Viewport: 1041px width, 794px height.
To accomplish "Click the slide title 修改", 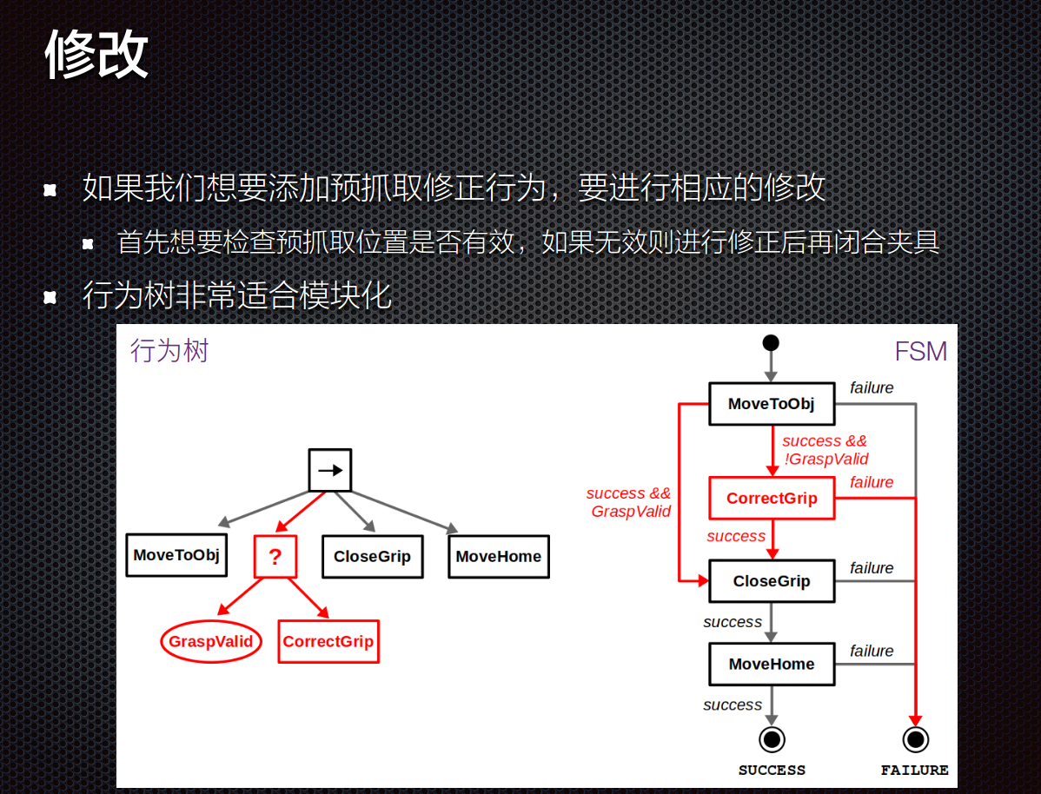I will click(96, 55).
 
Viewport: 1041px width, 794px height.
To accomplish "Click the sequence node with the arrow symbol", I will click(330, 470).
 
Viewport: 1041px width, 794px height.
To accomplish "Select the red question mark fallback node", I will click(275, 557).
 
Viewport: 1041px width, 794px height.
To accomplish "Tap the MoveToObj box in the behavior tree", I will click(176, 555).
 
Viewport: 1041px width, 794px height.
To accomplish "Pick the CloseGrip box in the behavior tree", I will click(372, 557).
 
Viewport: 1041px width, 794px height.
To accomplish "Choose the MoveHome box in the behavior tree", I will click(499, 557).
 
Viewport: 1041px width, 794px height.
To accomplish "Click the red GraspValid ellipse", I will click(211, 642).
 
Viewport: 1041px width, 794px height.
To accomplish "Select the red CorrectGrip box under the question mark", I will click(328, 642).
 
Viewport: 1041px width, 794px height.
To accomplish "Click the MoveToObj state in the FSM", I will click(772, 404).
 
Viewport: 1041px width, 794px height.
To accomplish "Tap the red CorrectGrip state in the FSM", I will click(772, 499).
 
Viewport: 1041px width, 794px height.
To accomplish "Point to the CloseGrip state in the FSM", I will click(772, 581).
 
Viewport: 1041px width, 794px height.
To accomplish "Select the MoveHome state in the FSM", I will click(772, 664).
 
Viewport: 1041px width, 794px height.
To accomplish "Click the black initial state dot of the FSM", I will click(771, 342).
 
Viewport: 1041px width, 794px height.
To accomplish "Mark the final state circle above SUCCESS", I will click(772, 739).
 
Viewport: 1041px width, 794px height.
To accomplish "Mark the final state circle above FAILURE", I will click(915, 739).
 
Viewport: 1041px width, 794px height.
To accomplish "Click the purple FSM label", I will click(921, 352).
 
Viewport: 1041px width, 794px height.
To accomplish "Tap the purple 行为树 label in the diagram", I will click(169, 351).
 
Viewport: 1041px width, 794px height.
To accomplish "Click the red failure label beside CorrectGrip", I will click(872, 482).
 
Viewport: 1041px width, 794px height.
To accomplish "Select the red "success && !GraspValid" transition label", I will click(825, 450).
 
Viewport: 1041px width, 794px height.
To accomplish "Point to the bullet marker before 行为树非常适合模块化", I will click(50, 297).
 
